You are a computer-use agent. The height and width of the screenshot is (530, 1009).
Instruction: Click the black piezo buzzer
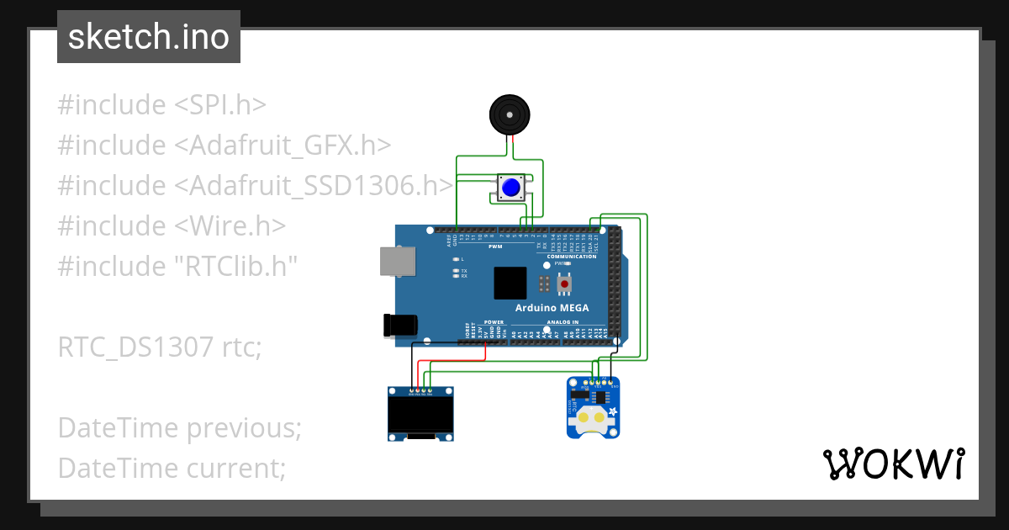click(x=510, y=114)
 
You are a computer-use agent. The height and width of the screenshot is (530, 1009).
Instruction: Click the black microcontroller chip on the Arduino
click(x=510, y=284)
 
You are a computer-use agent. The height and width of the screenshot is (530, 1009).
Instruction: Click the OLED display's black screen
click(x=420, y=413)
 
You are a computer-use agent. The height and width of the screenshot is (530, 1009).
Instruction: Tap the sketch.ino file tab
click(x=149, y=37)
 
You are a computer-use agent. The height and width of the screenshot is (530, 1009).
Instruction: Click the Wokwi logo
click(x=892, y=464)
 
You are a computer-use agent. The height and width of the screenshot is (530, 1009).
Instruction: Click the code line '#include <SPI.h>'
click(x=162, y=105)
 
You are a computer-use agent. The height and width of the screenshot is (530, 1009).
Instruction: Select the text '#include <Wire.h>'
click(x=172, y=226)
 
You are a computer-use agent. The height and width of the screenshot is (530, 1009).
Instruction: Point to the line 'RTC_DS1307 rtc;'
click(x=160, y=347)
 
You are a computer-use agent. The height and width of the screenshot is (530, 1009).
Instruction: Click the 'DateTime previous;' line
click(x=179, y=427)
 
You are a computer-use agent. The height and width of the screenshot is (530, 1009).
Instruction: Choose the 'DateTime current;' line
click(x=172, y=468)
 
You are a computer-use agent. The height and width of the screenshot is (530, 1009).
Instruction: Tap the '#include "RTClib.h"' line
click(x=177, y=267)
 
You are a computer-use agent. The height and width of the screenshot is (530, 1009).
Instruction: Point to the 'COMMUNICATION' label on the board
click(x=572, y=257)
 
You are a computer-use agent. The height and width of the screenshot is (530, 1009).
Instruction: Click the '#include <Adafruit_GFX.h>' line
click(x=225, y=146)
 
